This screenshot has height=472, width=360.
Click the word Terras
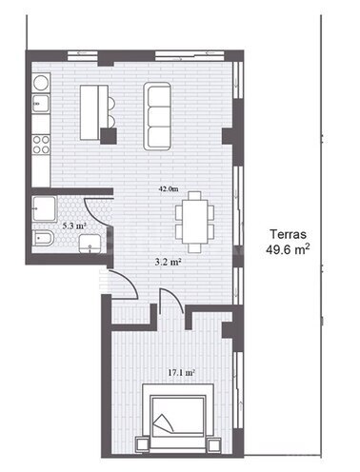point(289,234)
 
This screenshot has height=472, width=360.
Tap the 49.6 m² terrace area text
point(288,249)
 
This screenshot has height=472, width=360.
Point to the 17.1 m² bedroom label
point(181,373)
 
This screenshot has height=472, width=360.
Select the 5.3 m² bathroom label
point(74,226)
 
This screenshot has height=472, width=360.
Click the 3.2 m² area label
point(168,262)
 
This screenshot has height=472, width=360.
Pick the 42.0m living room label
point(169,189)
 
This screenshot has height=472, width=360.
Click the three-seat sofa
point(157,116)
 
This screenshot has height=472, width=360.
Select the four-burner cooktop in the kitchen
point(41,145)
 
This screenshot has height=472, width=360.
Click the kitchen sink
point(41,104)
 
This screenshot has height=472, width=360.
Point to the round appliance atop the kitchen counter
point(41,83)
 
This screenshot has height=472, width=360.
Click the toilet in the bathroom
point(43,239)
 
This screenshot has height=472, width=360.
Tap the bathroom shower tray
point(45,208)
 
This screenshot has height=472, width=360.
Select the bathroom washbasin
point(90,244)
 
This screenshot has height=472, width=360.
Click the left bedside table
point(142,444)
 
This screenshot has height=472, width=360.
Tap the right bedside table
point(214,444)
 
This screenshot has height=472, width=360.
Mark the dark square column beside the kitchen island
point(109,136)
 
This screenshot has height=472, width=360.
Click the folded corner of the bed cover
point(163,423)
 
